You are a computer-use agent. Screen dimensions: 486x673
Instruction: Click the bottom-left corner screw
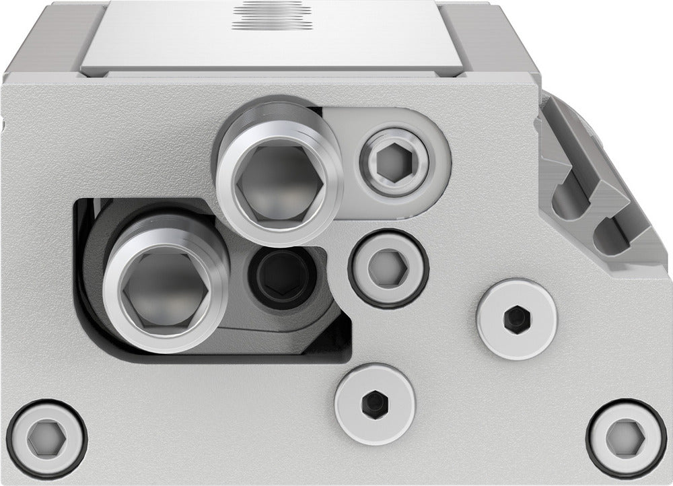[48, 433]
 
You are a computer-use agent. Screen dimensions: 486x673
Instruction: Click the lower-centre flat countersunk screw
[374, 403]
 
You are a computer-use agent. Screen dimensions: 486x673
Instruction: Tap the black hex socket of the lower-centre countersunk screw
[374, 403]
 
